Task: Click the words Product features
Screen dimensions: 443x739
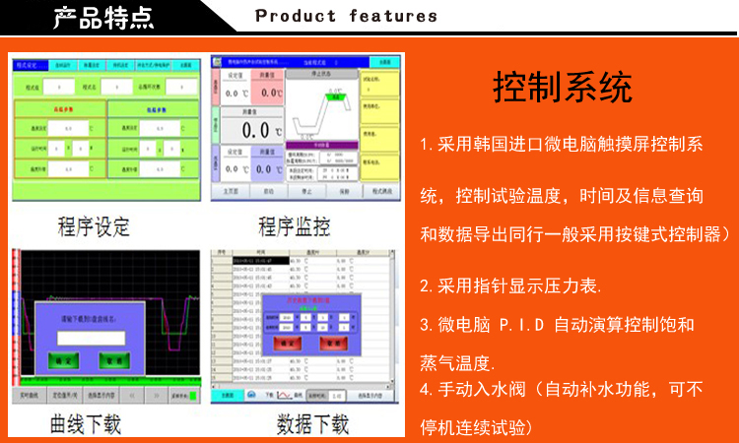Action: click(346, 16)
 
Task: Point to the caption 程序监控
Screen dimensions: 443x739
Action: click(294, 227)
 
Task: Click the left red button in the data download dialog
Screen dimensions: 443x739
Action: click(288, 344)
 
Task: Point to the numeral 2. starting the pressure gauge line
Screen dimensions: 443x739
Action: click(426, 286)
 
